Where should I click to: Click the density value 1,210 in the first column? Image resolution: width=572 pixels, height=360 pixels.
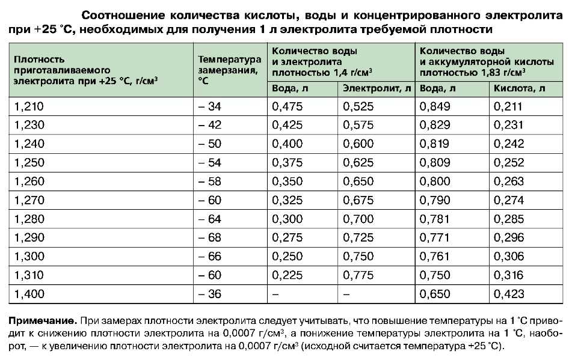(29, 107)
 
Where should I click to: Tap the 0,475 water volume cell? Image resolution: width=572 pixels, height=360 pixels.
(288, 107)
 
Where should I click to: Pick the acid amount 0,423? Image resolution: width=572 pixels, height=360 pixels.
(509, 294)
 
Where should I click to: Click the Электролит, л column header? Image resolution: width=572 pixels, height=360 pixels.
(377, 88)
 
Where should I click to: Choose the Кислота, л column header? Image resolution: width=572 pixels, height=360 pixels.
(520, 88)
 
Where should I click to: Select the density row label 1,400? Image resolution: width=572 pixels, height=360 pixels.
(29, 294)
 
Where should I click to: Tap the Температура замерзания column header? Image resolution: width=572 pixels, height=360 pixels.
(229, 69)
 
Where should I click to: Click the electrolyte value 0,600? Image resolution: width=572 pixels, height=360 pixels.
(358, 144)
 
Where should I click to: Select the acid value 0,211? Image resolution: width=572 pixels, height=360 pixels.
(509, 107)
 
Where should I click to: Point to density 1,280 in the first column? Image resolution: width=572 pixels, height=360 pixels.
(29, 219)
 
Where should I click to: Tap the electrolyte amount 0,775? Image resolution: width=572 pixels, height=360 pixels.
(358, 276)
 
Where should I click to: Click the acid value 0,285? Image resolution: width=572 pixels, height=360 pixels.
(509, 219)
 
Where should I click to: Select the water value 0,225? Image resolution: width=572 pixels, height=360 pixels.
(288, 276)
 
